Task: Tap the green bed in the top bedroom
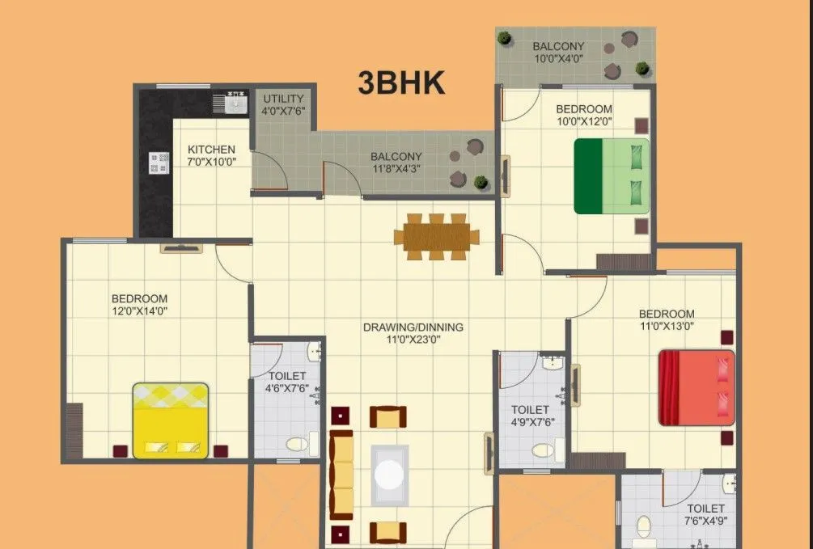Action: tap(612, 176)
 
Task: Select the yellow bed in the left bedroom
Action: tap(171, 420)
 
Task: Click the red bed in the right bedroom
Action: tap(697, 387)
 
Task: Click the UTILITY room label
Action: tap(282, 99)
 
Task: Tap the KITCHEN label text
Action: tap(212, 150)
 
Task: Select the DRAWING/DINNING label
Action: tap(413, 327)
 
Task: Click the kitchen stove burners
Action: tap(159, 163)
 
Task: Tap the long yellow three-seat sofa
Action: tap(342, 475)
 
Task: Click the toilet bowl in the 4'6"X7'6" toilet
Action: tap(297, 442)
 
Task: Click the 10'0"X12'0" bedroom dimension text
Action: tap(584, 122)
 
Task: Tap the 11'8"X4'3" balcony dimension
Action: tap(396, 169)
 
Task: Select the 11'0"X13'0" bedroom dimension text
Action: tap(667, 327)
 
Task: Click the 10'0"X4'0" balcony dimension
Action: tap(558, 59)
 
